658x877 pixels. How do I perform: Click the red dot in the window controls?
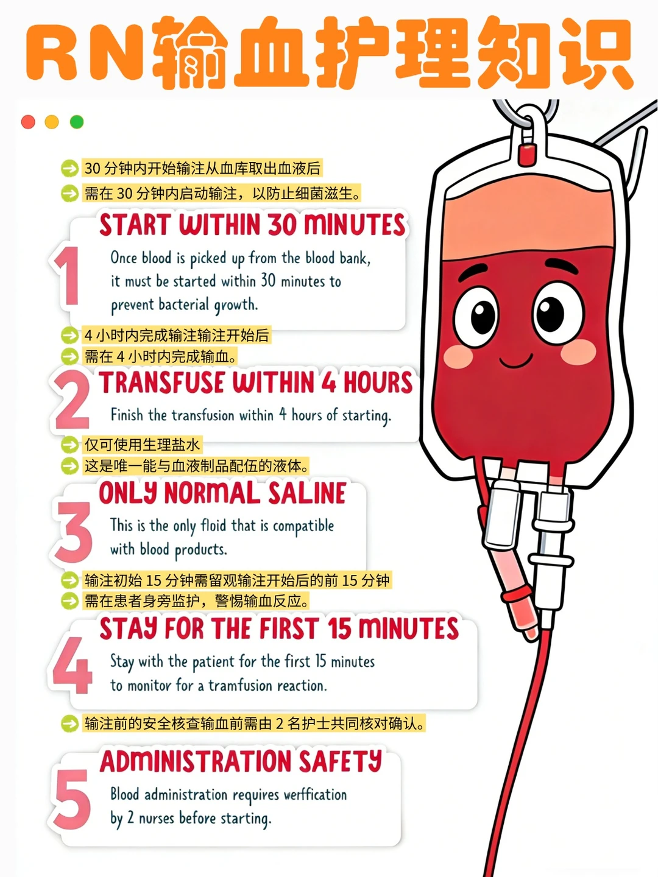(28, 122)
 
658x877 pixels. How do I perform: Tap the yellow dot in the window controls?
(52, 122)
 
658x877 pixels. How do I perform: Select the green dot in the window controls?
(77, 122)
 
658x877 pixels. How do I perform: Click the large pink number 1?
(67, 276)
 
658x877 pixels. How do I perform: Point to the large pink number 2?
(72, 400)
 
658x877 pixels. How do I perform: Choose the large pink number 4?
(72, 665)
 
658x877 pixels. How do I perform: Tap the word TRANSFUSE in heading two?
(162, 382)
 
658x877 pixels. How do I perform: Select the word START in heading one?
(135, 225)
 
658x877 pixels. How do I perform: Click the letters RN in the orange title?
(85, 52)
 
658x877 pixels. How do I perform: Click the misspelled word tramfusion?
(240, 686)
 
